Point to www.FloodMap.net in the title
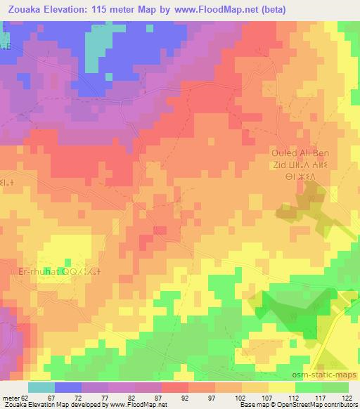211,8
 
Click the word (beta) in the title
273,8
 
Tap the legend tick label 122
347,398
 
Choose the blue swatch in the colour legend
68,387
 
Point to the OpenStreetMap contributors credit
316,405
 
